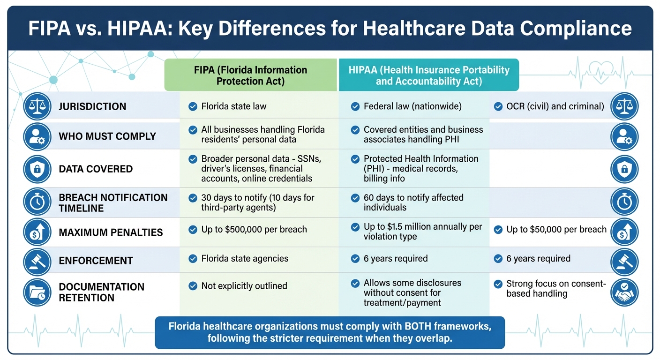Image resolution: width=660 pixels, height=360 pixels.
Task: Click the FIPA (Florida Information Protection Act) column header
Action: (250, 75)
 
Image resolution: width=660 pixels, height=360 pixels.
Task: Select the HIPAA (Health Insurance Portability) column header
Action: (428, 75)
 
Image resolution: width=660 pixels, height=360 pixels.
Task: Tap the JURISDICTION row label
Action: (92, 106)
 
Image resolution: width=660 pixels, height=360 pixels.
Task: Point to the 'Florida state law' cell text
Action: (233, 106)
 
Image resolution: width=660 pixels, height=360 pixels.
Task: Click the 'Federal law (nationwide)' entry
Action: (412, 106)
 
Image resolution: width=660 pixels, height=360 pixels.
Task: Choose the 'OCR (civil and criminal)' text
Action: (555, 106)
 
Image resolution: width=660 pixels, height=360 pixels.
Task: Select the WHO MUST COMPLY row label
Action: (107, 136)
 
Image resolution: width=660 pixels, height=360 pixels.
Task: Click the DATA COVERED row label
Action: (96, 169)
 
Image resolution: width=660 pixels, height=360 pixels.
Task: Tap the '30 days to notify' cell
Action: (257, 202)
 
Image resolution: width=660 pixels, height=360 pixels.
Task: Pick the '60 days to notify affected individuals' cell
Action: (413, 202)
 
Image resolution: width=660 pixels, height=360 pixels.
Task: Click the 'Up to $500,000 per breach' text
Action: (254, 230)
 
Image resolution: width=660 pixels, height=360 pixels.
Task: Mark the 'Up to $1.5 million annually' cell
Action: (422, 232)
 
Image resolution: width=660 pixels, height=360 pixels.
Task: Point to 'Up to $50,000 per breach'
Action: (556, 230)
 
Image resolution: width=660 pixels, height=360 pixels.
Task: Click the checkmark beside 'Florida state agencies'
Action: (192, 259)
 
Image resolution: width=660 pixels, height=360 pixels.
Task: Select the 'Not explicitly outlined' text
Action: (244, 286)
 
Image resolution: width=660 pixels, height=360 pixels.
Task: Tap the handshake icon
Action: (624, 292)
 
